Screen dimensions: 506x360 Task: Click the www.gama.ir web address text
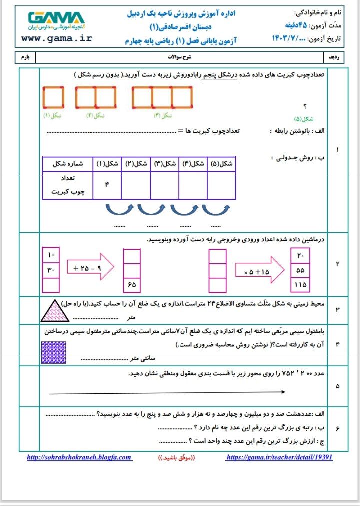pyautogui.click(x=56, y=38)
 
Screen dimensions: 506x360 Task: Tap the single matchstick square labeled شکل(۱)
pyautogui.click(x=53, y=97)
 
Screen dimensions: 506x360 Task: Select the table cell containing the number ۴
pyautogui.click(x=106, y=184)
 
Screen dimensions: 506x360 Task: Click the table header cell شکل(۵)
pyautogui.click(x=221, y=164)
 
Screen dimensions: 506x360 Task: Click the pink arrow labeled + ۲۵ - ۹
pyautogui.click(x=90, y=269)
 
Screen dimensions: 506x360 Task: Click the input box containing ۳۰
pyautogui.click(x=51, y=270)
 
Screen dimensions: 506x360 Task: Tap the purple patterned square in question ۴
pyautogui.click(x=53, y=353)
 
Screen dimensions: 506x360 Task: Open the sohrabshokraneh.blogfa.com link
pyautogui.click(x=79, y=457)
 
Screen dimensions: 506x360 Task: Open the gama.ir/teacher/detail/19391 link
pyautogui.click(x=279, y=457)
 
